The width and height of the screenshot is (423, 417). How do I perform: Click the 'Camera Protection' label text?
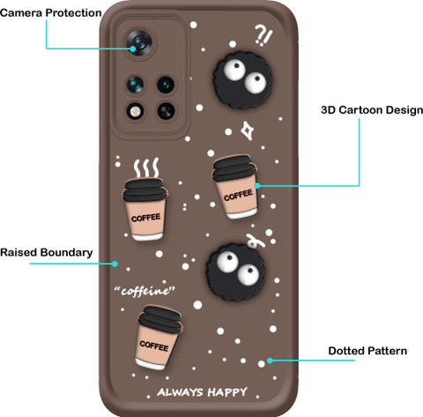[51, 13]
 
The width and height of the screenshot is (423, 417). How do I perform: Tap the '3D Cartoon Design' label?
[372, 110]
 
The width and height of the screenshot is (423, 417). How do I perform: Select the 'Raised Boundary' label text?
[47, 252]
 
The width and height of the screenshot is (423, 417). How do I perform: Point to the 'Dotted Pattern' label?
[367, 351]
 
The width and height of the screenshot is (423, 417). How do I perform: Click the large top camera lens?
[138, 43]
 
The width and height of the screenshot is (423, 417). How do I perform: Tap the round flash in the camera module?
[135, 111]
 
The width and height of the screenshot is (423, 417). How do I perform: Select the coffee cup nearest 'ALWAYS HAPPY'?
[158, 338]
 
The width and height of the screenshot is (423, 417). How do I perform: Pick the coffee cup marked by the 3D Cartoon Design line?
[235, 187]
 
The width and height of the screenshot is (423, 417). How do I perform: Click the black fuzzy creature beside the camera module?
[242, 80]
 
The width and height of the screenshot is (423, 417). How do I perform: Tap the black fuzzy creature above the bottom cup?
[235, 272]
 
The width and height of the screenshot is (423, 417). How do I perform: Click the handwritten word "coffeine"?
[145, 291]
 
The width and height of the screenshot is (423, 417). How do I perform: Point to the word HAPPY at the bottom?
[227, 392]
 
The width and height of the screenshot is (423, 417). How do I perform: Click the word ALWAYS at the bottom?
[180, 392]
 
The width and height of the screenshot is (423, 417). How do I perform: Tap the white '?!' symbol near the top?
[263, 35]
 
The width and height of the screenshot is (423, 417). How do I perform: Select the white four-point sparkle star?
[248, 130]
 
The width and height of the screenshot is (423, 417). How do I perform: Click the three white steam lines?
[146, 168]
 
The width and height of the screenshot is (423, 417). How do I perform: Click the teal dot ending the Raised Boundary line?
[115, 264]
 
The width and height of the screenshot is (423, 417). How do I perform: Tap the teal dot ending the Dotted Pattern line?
[270, 361]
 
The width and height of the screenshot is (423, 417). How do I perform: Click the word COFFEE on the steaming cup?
[146, 218]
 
